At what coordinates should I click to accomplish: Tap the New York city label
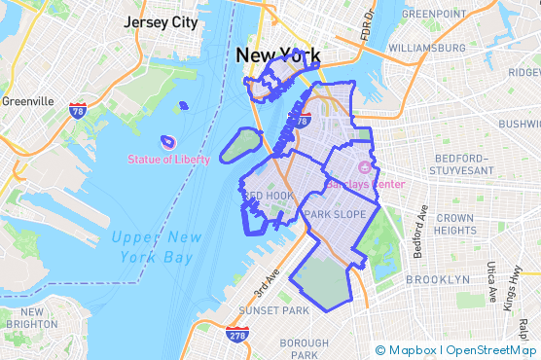(x=276, y=56)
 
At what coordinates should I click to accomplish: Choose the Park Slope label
(x=335, y=214)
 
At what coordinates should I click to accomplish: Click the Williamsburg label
(x=425, y=47)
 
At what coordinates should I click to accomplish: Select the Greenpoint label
(x=434, y=14)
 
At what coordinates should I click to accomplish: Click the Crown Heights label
(x=454, y=224)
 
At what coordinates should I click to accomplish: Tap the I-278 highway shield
(x=234, y=337)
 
